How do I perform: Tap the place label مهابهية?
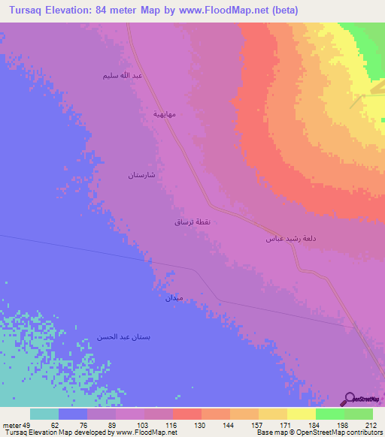point(165,114)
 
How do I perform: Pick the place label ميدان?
point(174,298)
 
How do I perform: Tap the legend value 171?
point(286,425)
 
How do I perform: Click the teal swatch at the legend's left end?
point(44,414)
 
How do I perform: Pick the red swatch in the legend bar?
point(186,414)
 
